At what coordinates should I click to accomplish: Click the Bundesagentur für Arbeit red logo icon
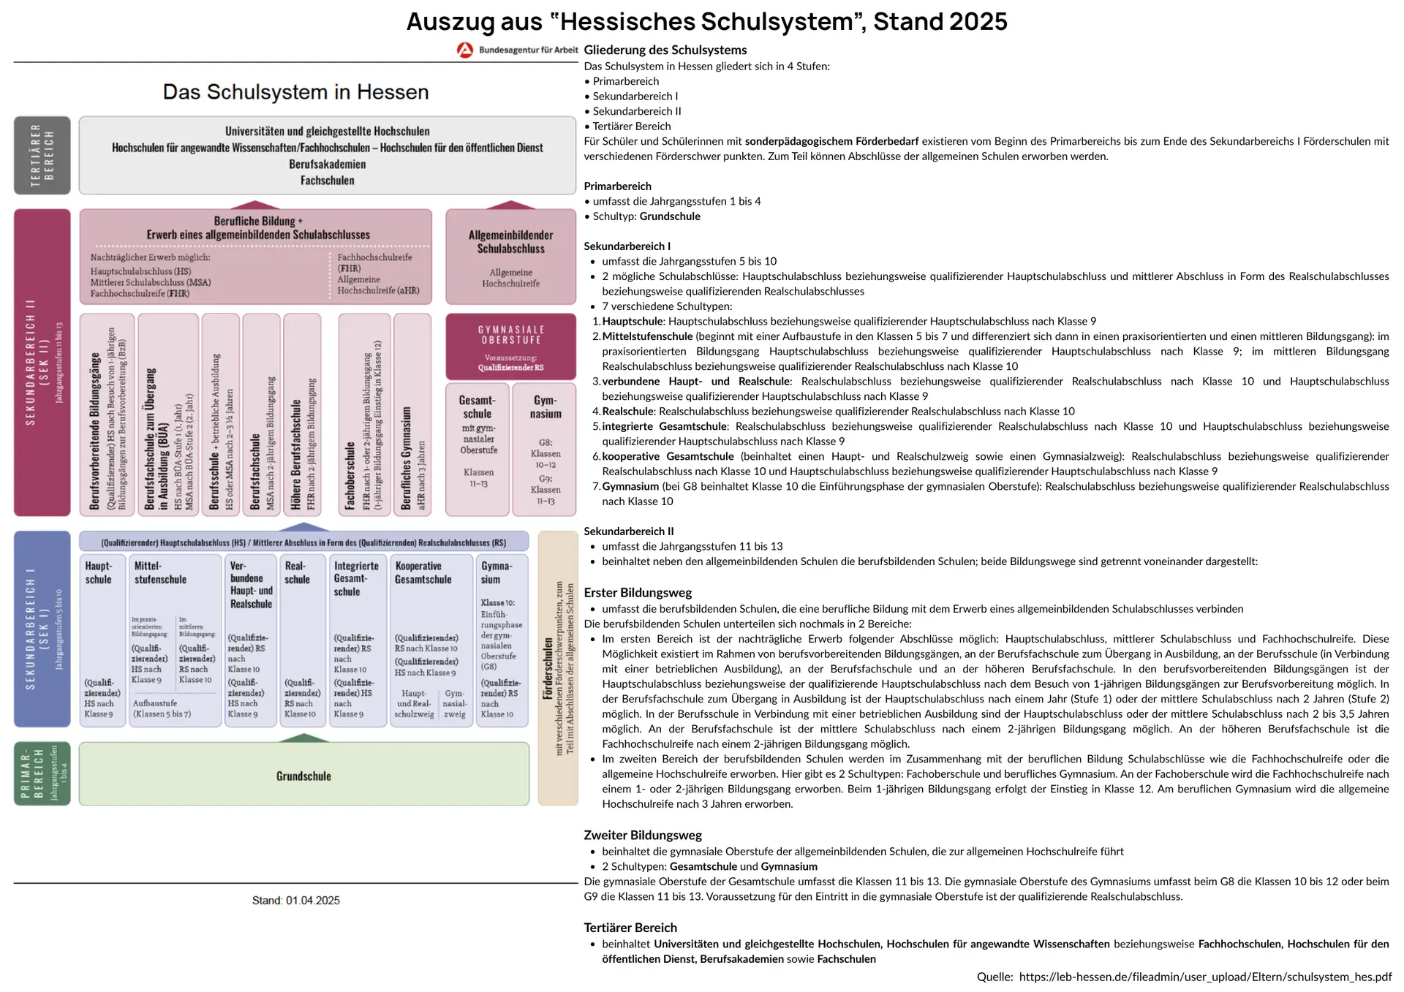pyautogui.click(x=464, y=50)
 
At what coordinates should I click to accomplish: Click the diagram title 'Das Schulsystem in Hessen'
pyautogui.click(x=295, y=92)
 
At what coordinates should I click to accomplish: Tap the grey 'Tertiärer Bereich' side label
pyautogui.click(x=42, y=155)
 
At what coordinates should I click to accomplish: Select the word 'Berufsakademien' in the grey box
pyautogui.click(x=327, y=164)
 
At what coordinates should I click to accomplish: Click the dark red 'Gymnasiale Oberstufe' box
pyautogui.click(x=510, y=347)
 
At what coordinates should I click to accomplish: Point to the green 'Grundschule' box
pyautogui.click(x=303, y=776)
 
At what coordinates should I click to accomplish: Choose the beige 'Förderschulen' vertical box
pyautogui.click(x=557, y=668)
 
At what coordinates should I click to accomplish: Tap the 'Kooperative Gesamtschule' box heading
pyautogui.click(x=423, y=572)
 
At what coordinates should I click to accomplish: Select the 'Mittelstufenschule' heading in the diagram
pyautogui.click(x=160, y=572)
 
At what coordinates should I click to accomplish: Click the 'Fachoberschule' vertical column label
pyautogui.click(x=350, y=475)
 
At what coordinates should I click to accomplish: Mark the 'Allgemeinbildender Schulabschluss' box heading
pyautogui.click(x=510, y=242)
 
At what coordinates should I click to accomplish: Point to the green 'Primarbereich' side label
pyautogui.click(x=42, y=773)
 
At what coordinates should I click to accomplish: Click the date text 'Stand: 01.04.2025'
pyautogui.click(x=295, y=901)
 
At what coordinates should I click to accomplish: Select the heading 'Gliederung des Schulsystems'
pyautogui.click(x=665, y=50)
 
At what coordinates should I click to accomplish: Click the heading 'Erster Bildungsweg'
pyautogui.click(x=638, y=593)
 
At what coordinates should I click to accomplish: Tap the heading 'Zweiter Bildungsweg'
pyautogui.click(x=642, y=835)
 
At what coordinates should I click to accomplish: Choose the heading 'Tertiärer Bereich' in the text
pyautogui.click(x=630, y=928)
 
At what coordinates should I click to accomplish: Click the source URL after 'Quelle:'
pyautogui.click(x=1205, y=977)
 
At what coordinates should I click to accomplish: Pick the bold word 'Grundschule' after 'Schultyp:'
pyautogui.click(x=670, y=216)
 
